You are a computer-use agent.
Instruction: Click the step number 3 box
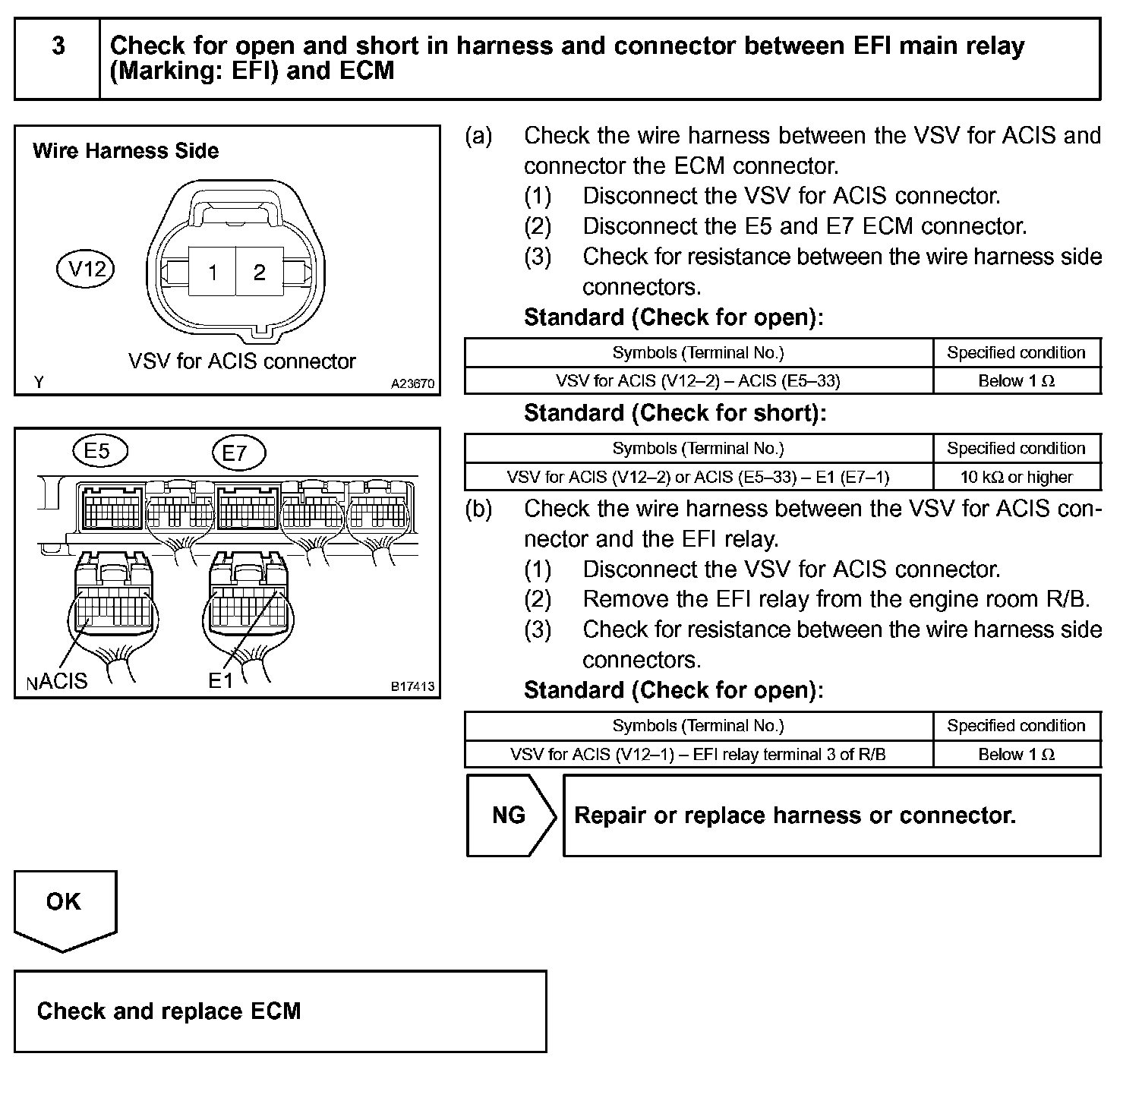58,58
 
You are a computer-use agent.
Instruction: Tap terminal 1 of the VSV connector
213,272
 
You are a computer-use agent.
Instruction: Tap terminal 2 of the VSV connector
260,272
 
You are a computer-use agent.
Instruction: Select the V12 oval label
86,269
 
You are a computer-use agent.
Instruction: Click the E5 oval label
99,451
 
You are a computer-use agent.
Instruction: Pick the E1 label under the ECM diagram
220,681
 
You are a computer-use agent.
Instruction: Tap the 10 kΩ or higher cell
1016,477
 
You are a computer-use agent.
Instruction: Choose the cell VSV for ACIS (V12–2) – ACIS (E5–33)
698,380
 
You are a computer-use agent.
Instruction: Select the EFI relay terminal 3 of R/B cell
698,754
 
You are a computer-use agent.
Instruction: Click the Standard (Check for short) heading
674,413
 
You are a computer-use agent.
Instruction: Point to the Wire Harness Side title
126,151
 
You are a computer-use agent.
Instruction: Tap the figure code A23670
412,384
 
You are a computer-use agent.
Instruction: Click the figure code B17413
412,686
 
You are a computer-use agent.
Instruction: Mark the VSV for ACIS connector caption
241,361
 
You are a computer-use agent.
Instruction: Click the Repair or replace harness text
794,815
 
